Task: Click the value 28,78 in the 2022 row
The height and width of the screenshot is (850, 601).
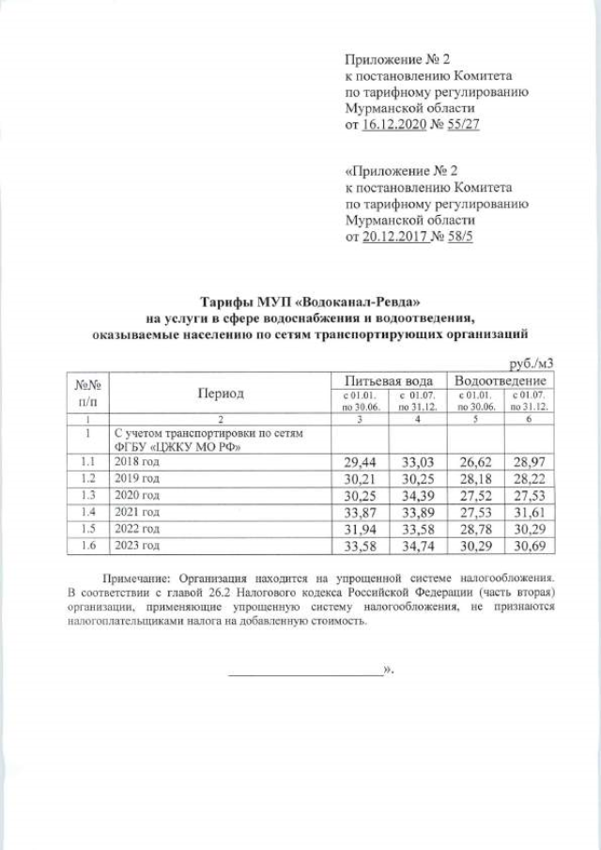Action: click(x=475, y=529)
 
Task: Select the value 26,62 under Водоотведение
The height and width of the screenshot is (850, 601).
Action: click(x=475, y=463)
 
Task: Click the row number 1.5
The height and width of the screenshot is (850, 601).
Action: click(x=89, y=529)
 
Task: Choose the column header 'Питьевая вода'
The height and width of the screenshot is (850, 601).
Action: click(x=390, y=381)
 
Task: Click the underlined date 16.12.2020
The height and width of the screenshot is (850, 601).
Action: click(x=393, y=124)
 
